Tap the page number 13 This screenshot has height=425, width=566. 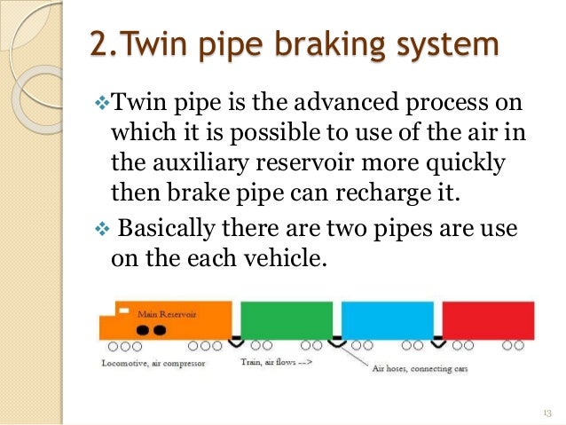tap(546, 412)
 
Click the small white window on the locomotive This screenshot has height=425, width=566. tap(126, 311)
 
